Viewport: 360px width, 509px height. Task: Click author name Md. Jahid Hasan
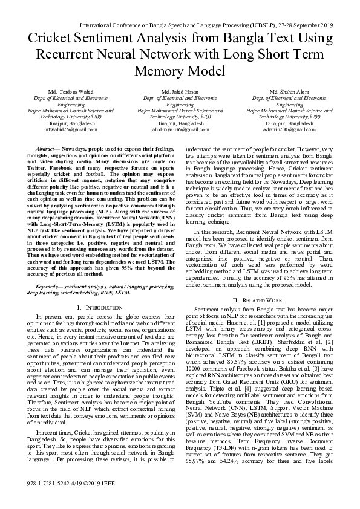180,91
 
